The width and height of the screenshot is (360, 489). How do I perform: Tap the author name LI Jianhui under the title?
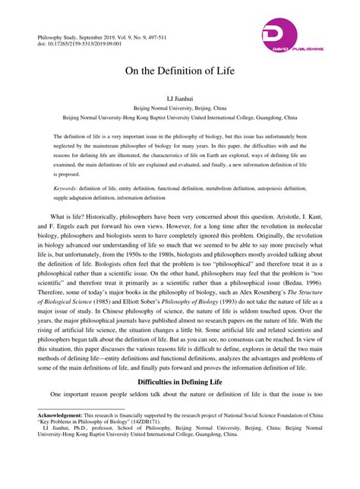coord(179,99)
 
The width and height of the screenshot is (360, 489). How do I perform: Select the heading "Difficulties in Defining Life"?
coord(179,383)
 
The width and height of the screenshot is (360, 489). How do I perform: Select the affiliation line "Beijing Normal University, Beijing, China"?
coord(179,109)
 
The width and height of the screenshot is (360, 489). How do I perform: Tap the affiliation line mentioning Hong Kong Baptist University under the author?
coord(179,118)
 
